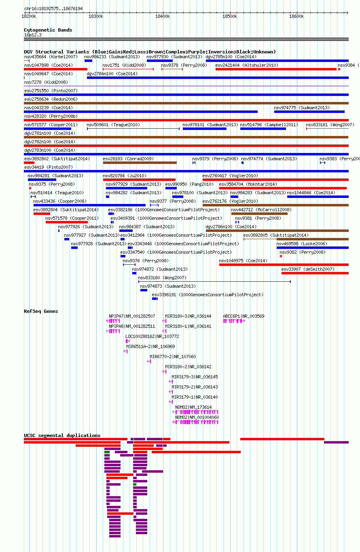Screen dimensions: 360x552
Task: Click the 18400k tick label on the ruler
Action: coord(163,16)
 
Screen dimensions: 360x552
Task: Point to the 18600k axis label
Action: coord(296,16)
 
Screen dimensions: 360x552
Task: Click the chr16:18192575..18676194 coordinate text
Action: coord(53,8)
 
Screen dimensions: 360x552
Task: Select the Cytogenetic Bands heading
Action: coord(48,30)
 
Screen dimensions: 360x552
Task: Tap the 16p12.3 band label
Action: coord(33,35)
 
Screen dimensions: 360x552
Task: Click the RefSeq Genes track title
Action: coord(41,311)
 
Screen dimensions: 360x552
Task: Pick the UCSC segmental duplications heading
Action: coord(62,435)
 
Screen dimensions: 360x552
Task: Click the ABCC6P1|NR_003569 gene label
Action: coord(244,316)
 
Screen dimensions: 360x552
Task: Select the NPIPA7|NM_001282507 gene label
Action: coord(132,316)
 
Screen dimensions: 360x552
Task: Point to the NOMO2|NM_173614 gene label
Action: coord(193,407)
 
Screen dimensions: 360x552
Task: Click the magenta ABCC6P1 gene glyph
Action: coord(234,321)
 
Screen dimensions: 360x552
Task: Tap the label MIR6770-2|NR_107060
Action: coord(173,357)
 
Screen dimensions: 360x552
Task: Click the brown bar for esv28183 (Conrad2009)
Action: coord(140,163)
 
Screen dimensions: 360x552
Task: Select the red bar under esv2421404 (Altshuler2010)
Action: coord(276,69)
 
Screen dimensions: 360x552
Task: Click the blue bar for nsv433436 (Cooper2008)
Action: coord(89,205)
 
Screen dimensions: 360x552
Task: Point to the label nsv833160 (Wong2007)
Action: coord(162,278)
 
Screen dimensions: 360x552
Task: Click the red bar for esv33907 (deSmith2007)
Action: coord(315,273)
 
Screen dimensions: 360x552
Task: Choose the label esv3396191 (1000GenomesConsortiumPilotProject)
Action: coord(208,295)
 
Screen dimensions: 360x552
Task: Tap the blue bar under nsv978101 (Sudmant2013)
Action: coord(205,129)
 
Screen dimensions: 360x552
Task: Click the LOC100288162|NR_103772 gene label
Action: coord(152,336)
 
